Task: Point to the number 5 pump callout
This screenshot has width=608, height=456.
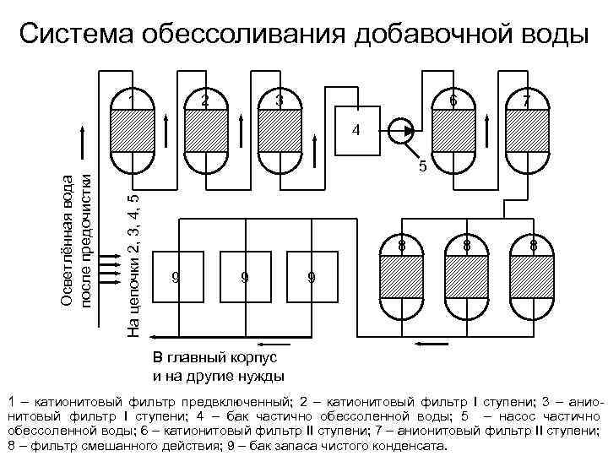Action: [x=423, y=167]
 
